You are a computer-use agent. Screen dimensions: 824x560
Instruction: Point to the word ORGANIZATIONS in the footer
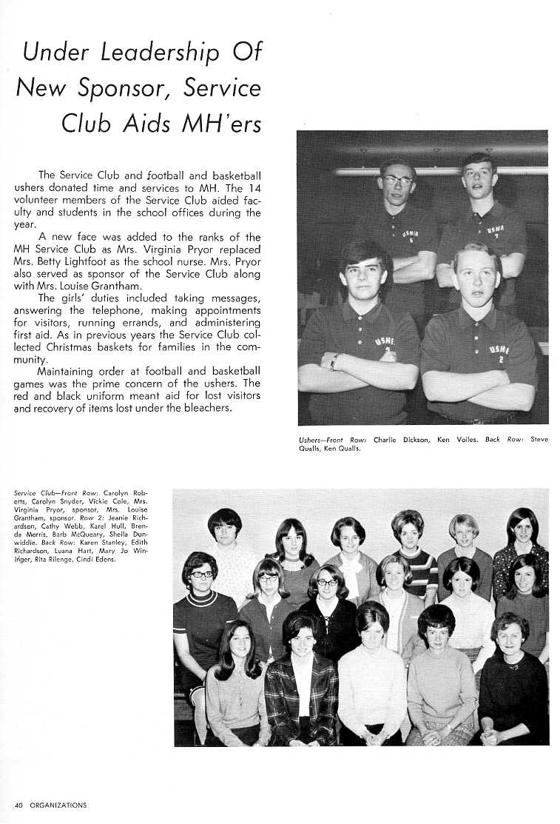pyautogui.click(x=58, y=805)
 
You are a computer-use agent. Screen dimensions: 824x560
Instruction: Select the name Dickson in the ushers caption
pyautogui.click(x=416, y=440)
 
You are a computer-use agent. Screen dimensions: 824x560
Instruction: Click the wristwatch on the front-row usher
pyautogui.click(x=334, y=362)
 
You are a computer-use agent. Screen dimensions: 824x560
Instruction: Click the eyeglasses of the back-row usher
pyautogui.click(x=398, y=180)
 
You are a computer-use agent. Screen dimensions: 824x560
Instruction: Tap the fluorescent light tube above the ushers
pyautogui.click(x=444, y=170)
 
